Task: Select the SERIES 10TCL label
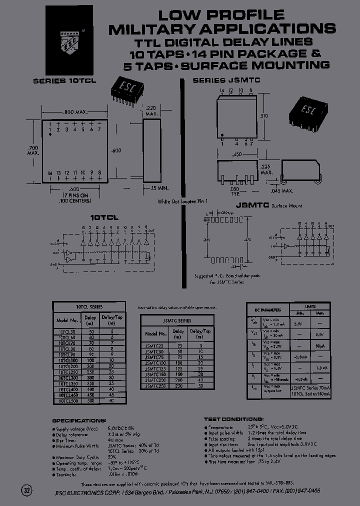(64, 80)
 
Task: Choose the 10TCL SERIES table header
(89, 306)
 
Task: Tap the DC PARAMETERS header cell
(265, 310)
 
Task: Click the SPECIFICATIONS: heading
(79, 420)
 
